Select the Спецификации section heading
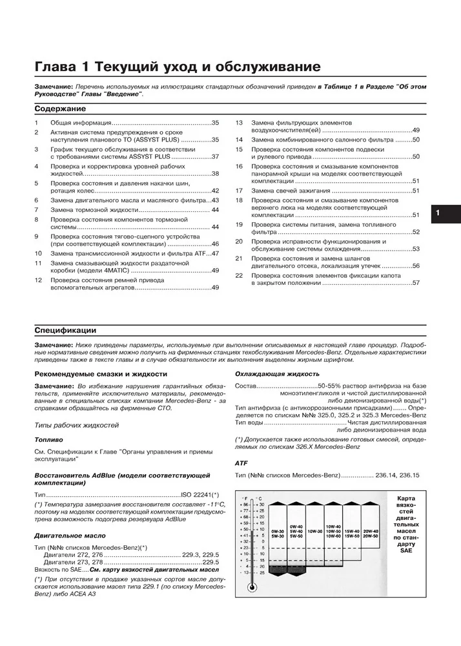point(65,330)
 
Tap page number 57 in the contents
point(416,283)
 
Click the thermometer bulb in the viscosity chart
point(251,588)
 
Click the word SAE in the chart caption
point(406,550)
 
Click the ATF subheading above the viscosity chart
point(241,463)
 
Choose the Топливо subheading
point(48,439)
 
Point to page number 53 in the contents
point(416,249)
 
